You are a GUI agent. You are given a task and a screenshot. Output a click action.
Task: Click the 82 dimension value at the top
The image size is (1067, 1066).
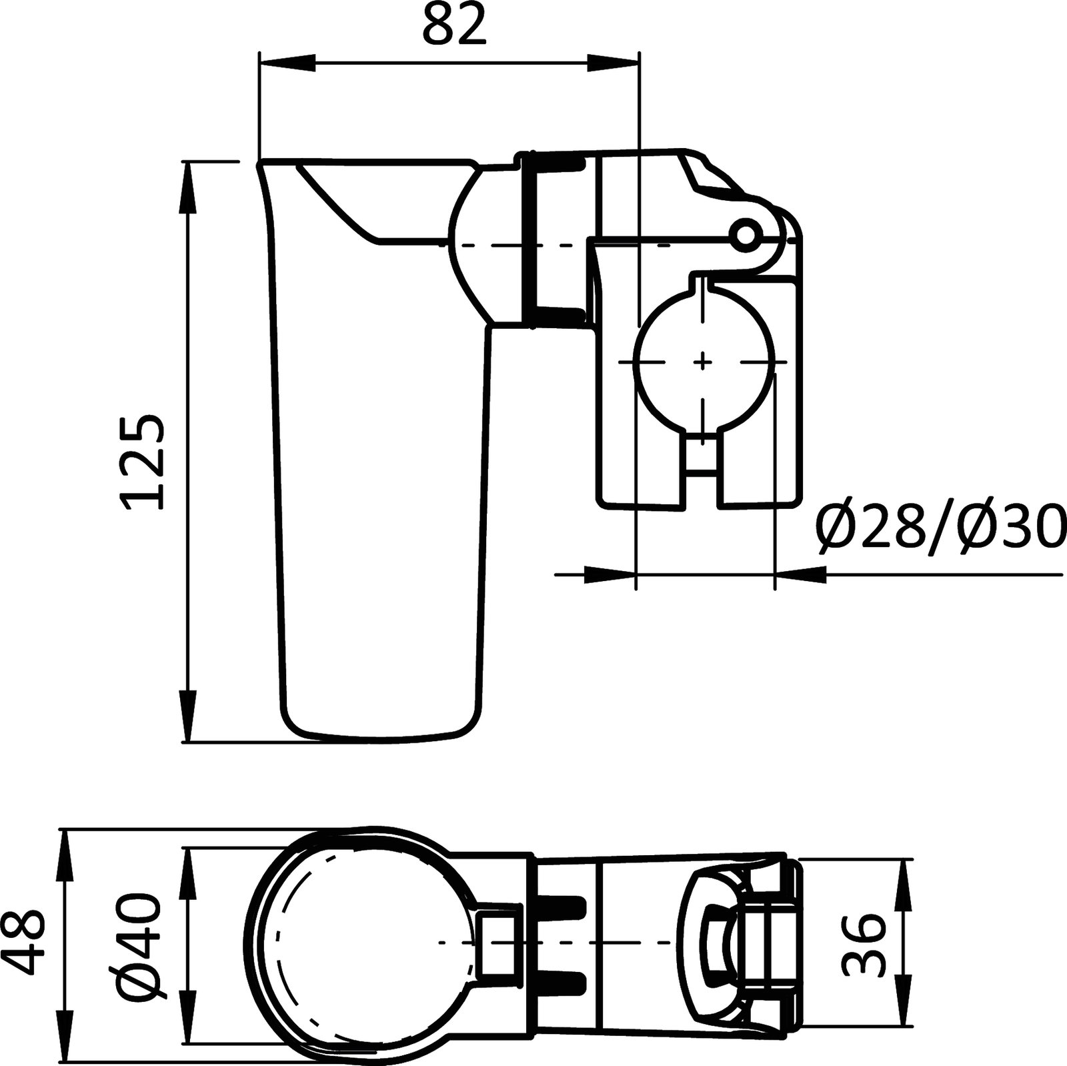(x=454, y=25)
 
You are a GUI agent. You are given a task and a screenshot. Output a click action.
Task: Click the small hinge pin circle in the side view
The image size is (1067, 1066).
(x=744, y=233)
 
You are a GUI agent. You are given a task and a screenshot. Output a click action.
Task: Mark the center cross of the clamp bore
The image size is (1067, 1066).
(x=702, y=362)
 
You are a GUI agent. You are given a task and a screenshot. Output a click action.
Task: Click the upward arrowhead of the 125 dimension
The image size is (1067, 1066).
(x=189, y=187)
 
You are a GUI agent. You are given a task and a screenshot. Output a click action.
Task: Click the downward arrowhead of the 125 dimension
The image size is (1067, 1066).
(x=189, y=717)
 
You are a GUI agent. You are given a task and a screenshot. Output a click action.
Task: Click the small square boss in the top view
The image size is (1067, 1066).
(x=496, y=942)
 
